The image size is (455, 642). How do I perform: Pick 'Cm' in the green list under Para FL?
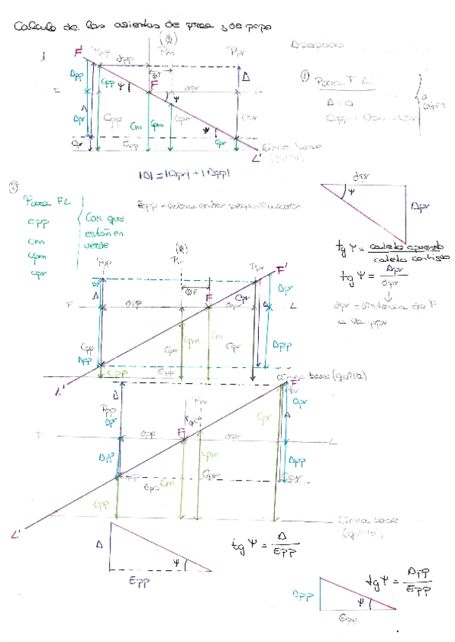click(x=34, y=239)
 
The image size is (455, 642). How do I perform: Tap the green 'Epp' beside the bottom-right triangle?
click(x=304, y=595)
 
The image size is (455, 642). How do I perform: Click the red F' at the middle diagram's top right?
click(x=282, y=270)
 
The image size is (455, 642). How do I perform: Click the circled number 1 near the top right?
click(x=304, y=76)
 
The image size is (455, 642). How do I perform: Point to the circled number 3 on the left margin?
click(x=12, y=187)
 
